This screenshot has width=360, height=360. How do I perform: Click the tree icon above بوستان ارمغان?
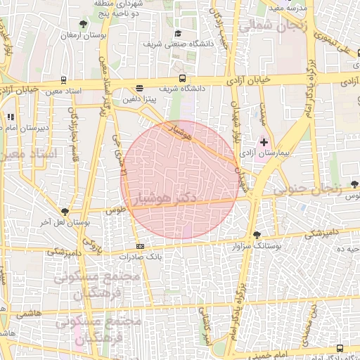[84, 25]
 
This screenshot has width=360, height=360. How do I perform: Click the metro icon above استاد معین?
[64, 80]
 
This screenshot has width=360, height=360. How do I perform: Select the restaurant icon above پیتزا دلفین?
[140, 89]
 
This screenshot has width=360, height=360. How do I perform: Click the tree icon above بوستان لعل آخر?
[65, 212]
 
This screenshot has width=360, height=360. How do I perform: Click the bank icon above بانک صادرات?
[140, 246]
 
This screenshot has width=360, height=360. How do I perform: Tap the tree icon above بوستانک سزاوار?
[256, 234]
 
